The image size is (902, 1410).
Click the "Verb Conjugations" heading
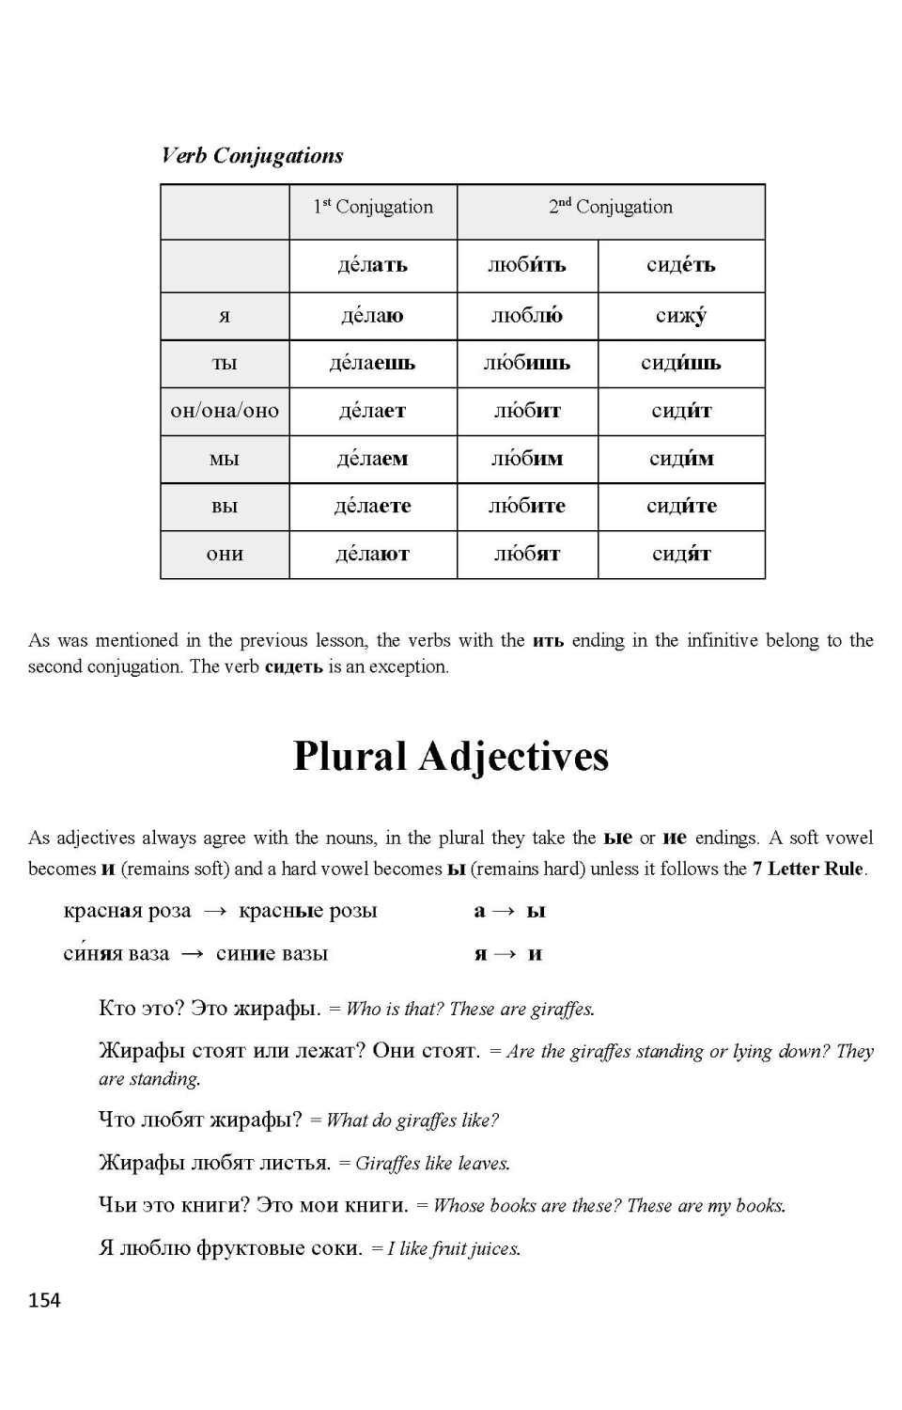coord(252,156)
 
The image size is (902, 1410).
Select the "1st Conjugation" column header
coord(373,207)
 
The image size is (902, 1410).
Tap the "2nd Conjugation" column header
coord(611,207)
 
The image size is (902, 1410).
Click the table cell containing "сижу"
coord(681,316)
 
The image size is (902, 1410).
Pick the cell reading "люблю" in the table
coord(527,316)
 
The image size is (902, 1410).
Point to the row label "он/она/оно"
coord(225,411)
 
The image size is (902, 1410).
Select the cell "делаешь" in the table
coord(373,364)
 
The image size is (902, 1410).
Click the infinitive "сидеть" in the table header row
coord(681,265)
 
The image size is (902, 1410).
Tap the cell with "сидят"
coord(681,555)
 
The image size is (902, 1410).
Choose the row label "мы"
coord(225,460)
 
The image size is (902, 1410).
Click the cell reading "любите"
coord(527,507)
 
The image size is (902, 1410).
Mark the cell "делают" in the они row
coord(373,555)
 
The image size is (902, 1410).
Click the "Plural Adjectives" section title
coord(451,757)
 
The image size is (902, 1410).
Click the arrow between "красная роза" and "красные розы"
coord(215,911)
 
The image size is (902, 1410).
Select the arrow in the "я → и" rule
coord(505,954)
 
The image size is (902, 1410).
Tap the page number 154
coord(44,1300)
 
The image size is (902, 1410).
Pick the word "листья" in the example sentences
coord(295,1163)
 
